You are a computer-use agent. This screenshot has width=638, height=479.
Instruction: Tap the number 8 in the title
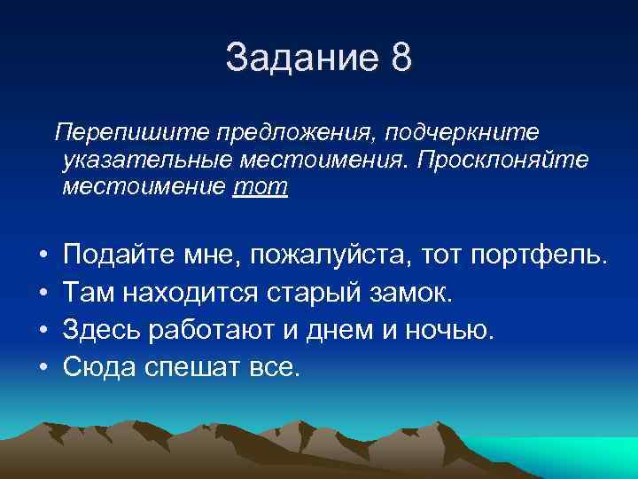coord(401,59)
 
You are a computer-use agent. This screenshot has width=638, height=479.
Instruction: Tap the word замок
coord(412,294)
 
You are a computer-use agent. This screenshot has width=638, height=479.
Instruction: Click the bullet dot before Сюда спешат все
coord(43,366)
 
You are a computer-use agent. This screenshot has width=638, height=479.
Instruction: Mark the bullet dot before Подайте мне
coord(43,257)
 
